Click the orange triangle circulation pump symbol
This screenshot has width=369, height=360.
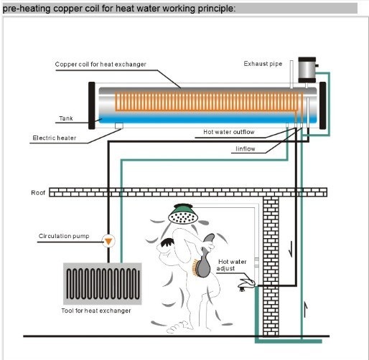(x=108, y=242)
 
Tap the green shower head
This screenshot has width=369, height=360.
(x=183, y=214)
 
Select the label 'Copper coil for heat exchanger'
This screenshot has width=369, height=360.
(x=101, y=65)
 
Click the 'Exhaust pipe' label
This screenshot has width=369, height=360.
(x=263, y=64)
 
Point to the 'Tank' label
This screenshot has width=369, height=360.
(x=66, y=118)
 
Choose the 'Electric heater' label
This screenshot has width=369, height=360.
(x=55, y=138)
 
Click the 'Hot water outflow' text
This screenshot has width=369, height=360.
(x=229, y=132)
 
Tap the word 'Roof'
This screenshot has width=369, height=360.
(x=38, y=193)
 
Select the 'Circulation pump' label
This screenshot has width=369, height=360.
(x=64, y=236)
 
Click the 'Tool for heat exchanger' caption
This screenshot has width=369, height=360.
(x=96, y=311)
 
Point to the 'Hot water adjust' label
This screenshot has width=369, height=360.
(x=231, y=265)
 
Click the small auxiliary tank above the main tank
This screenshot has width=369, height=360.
(x=307, y=70)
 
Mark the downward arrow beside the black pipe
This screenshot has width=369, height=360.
(x=291, y=249)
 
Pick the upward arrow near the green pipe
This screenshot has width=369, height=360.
(x=305, y=309)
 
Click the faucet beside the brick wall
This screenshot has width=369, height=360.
(x=246, y=284)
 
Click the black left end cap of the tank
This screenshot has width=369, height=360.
(x=92, y=105)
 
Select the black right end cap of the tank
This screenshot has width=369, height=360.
(x=322, y=105)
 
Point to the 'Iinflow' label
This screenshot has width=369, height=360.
(x=246, y=149)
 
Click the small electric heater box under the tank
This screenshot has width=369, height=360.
(x=119, y=125)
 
